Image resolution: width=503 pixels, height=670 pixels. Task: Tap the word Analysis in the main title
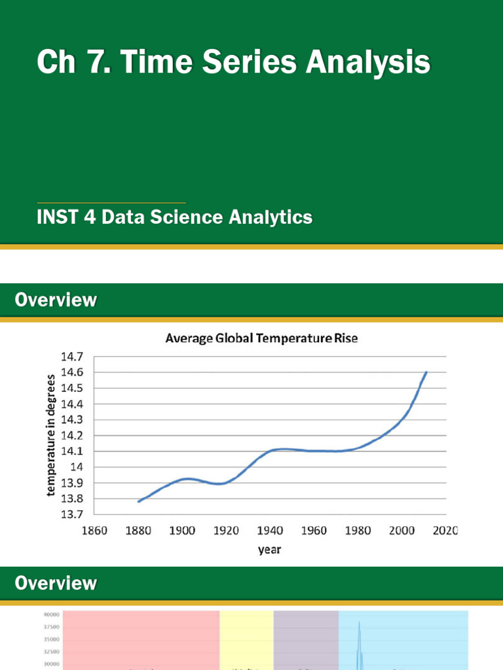[367, 63]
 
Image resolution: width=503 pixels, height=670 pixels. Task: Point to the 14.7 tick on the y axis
[72, 357]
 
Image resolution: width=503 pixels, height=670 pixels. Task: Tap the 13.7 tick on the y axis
[72, 514]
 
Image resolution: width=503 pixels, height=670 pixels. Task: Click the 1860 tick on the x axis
[94, 531]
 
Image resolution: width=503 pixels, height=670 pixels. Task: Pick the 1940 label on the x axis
[270, 531]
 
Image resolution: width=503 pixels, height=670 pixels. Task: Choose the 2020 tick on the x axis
[445, 531]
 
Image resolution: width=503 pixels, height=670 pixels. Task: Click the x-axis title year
[270, 550]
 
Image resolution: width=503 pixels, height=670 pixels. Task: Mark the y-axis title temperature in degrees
[51, 435]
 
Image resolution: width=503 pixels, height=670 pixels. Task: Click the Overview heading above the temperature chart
[56, 300]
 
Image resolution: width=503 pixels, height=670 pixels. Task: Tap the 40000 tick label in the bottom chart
[52, 614]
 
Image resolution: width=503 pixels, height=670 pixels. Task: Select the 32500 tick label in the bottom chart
[52, 652]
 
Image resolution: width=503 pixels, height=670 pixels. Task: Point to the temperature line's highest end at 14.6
[426, 372]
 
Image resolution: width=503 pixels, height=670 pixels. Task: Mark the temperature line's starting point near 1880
[139, 501]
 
